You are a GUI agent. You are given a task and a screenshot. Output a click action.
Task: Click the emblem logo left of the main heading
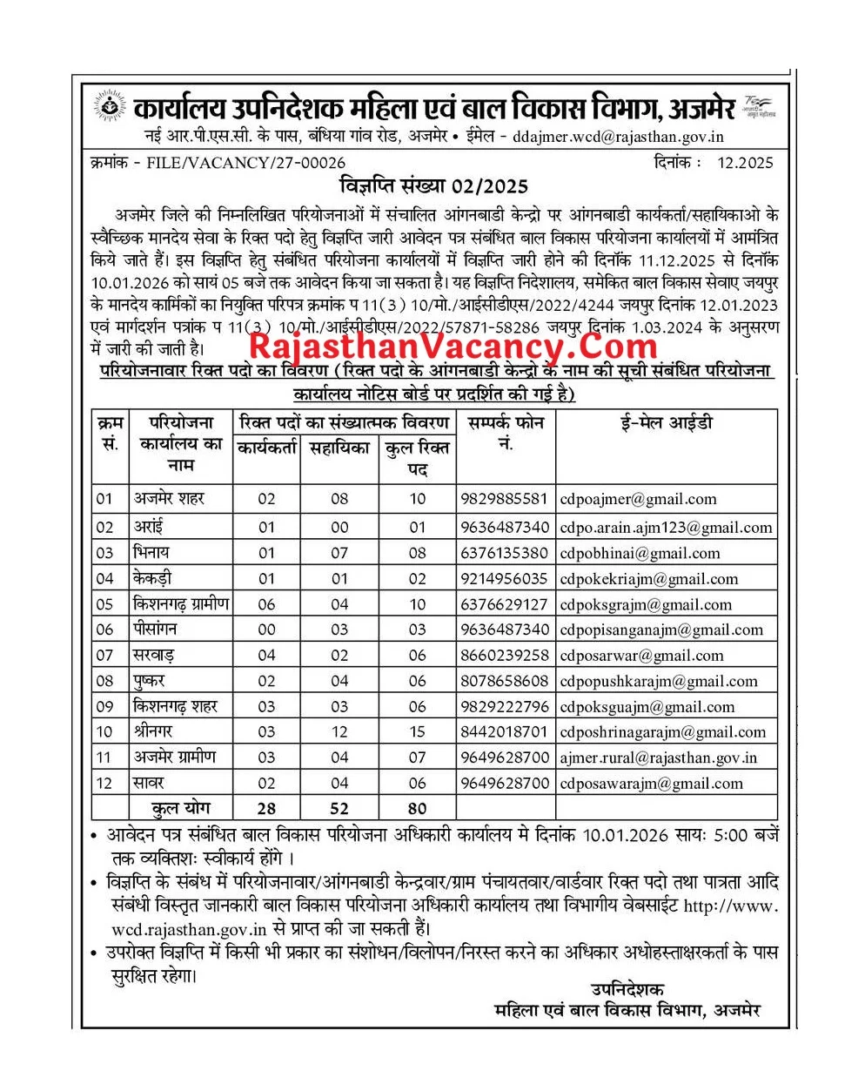(x=110, y=108)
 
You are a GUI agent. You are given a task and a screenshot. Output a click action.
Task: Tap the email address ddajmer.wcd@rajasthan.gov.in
(x=618, y=137)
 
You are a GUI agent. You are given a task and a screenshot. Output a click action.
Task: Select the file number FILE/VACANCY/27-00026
(x=246, y=163)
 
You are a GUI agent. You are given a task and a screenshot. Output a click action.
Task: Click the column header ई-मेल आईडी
(x=666, y=423)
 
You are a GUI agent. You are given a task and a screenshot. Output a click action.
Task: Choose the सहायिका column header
(x=339, y=448)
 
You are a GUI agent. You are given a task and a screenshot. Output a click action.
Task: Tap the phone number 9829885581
(x=504, y=499)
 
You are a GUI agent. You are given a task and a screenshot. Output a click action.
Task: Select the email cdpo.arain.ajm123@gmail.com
(x=666, y=527)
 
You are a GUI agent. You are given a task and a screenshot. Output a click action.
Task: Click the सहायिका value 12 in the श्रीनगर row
(x=339, y=732)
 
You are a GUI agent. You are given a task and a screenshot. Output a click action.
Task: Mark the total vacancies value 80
(x=418, y=809)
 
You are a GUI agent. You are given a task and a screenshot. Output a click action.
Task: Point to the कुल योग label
(x=180, y=808)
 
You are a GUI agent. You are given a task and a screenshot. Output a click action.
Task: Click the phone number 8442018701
(x=504, y=732)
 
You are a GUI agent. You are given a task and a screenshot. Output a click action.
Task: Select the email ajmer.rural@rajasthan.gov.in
(x=658, y=758)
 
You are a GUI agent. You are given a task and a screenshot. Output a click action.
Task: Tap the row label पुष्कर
(x=149, y=680)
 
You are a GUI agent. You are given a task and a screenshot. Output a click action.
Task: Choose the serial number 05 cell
(x=104, y=604)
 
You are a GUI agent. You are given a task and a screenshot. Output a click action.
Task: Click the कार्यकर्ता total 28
(x=266, y=809)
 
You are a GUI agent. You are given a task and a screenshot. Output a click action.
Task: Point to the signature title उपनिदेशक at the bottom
(x=627, y=989)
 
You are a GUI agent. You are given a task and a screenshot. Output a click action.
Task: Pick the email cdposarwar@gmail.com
(x=641, y=656)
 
